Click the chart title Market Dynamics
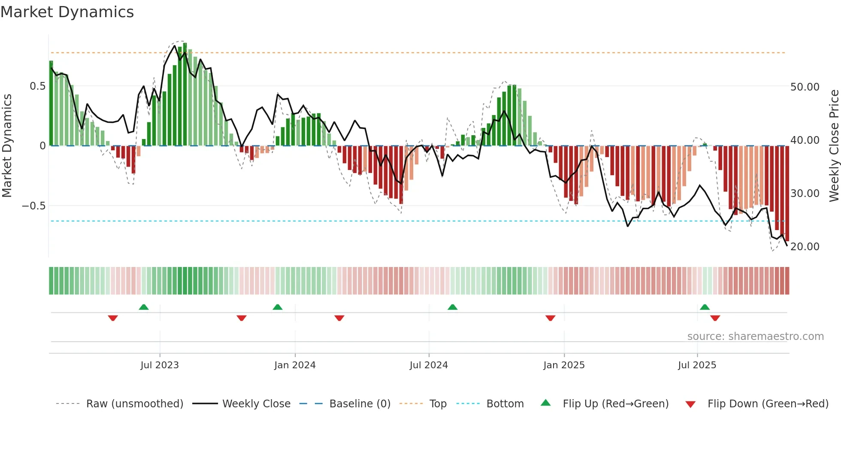(67, 12)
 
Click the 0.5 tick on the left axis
(37, 86)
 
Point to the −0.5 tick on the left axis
(34, 206)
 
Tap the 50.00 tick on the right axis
(805, 87)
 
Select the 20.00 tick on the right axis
(805, 247)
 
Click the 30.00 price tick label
(805, 194)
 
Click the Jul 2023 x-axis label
(160, 365)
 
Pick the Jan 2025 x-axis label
(564, 365)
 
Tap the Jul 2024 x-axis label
(429, 365)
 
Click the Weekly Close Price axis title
(834, 146)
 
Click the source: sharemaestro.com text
(755, 337)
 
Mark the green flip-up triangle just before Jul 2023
(144, 307)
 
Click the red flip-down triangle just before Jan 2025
(551, 318)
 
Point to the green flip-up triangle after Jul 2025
(705, 307)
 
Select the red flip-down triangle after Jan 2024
(339, 318)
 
